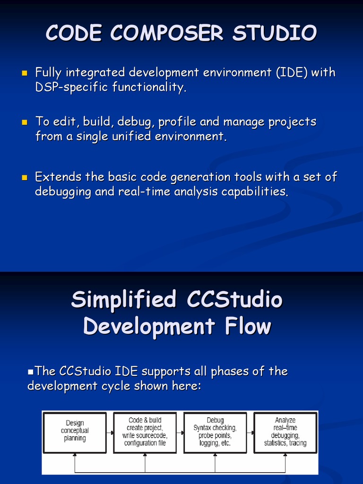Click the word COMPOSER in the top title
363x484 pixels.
[167, 33]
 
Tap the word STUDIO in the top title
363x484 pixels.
[275, 33]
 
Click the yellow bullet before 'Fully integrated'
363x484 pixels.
[25, 73]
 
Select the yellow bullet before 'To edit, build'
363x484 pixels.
[25, 122]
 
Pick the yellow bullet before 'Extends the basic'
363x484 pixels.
[25, 178]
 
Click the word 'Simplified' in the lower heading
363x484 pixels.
[124, 300]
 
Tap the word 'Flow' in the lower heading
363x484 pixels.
[248, 326]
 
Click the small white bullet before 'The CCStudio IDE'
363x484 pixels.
[30, 372]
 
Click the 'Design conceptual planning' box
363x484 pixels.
[75, 433]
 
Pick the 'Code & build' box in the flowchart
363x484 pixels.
[145, 433]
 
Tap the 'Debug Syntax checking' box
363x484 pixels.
[215, 433]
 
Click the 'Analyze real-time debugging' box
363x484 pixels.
[285, 433]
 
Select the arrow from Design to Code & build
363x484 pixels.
[110, 433]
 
